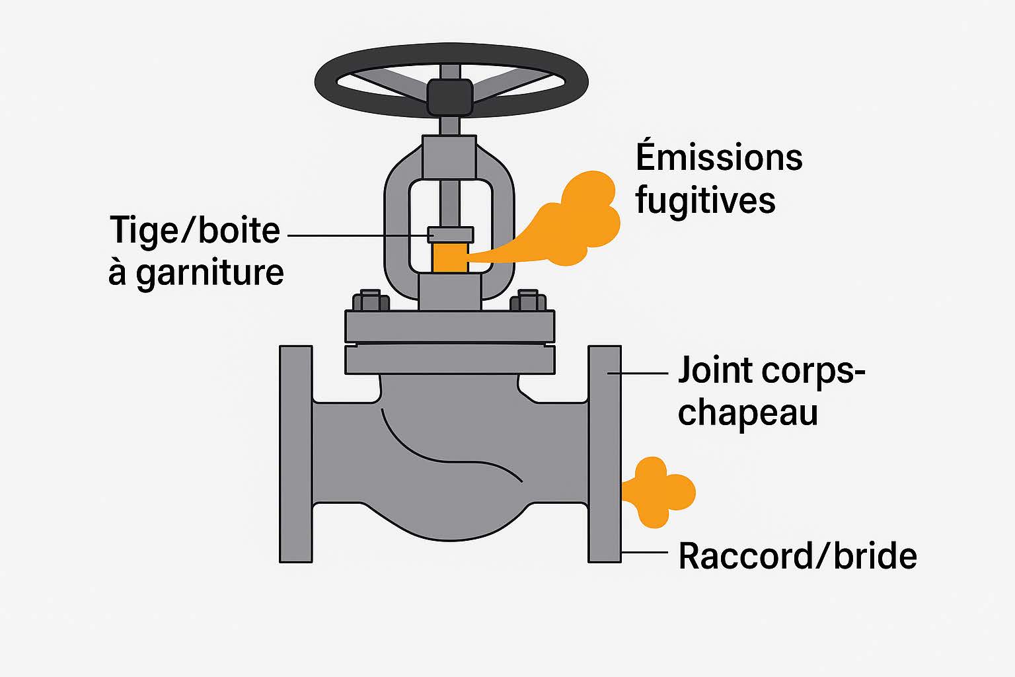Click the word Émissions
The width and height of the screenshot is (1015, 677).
(x=719, y=157)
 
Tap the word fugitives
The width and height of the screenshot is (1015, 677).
(x=705, y=200)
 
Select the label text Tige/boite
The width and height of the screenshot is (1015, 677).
(x=195, y=231)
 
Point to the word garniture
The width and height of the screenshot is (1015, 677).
(x=209, y=273)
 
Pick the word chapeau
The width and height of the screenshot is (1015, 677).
(x=747, y=413)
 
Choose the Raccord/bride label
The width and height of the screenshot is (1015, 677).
(x=797, y=556)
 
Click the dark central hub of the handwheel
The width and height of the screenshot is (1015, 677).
(x=450, y=97)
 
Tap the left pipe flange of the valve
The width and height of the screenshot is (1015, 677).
(x=295, y=454)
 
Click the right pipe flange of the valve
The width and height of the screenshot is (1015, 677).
(x=604, y=454)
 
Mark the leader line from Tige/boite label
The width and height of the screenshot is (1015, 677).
(x=357, y=235)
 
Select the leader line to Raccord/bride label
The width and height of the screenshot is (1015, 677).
(x=644, y=552)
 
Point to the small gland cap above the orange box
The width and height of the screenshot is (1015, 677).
(x=450, y=235)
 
